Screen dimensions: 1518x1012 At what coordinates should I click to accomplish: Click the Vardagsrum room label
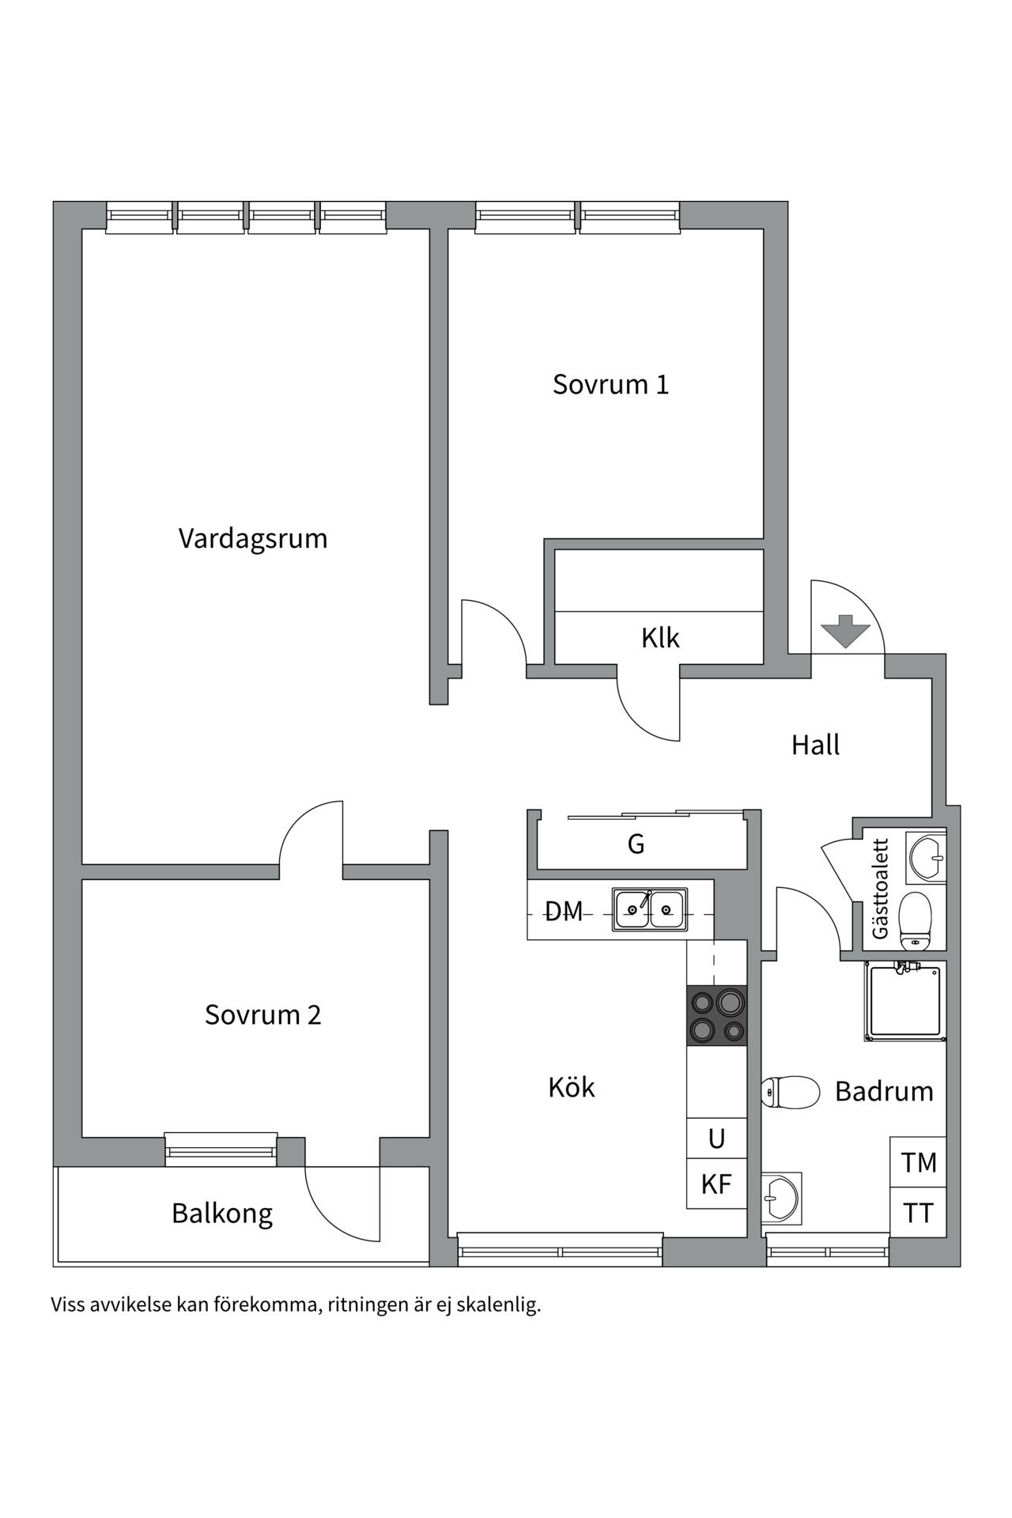(253, 538)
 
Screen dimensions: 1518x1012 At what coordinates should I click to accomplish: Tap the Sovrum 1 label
(610, 384)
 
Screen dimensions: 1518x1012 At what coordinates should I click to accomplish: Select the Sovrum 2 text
(262, 1014)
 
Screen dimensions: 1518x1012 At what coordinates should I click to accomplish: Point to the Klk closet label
(659, 637)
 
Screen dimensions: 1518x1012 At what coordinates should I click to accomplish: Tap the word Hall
(815, 745)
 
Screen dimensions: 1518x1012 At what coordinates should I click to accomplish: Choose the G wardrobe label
(636, 844)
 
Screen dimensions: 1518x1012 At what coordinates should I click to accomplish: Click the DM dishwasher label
(564, 912)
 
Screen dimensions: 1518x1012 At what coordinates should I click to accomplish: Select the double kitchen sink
(650, 909)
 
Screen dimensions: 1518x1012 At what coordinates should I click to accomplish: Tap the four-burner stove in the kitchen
(717, 1016)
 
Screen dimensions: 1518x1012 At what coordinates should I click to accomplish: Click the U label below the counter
(716, 1138)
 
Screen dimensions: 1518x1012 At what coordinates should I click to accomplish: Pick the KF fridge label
(716, 1184)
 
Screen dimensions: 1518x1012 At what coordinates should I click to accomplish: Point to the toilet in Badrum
(790, 1092)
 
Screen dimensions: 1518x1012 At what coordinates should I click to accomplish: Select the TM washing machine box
(918, 1162)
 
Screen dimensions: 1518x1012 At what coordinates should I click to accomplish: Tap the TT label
(918, 1213)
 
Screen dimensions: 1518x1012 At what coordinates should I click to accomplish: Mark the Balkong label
(222, 1214)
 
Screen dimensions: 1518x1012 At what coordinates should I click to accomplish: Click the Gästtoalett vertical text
(880, 889)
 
